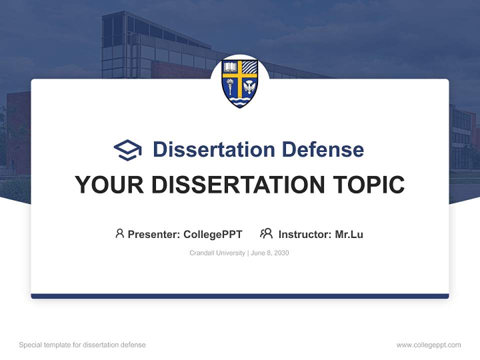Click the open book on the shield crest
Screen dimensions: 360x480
click(230, 68)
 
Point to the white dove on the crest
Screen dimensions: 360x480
click(249, 87)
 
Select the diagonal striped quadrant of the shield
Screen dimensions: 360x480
click(250, 68)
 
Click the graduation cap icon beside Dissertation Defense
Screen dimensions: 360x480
click(127, 150)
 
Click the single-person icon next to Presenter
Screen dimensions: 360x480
click(119, 233)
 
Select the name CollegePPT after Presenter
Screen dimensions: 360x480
click(213, 234)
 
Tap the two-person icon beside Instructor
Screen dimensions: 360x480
click(266, 233)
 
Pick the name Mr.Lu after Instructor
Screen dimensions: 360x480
click(349, 234)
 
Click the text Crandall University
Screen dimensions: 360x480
click(217, 253)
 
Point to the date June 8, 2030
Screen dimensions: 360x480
click(270, 253)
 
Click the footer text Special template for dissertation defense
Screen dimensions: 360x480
click(82, 345)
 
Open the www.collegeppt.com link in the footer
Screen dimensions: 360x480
click(428, 345)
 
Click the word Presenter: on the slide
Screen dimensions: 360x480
click(154, 234)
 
